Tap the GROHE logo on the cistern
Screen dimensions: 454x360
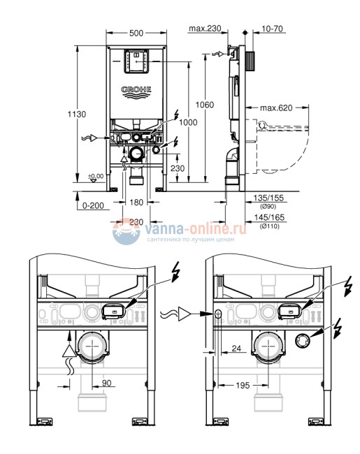137,90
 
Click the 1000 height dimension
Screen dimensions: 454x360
187,123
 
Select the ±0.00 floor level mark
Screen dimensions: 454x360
96,177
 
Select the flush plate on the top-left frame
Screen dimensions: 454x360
137,62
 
